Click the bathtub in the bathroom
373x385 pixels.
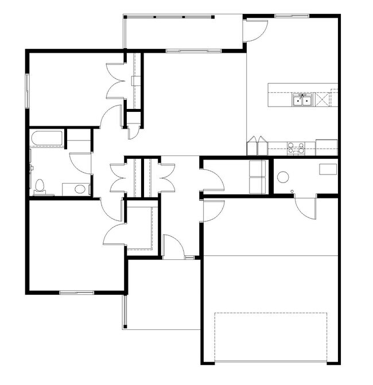(x=47, y=138)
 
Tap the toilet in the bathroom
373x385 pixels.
(x=40, y=186)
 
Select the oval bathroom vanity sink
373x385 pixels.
(x=80, y=188)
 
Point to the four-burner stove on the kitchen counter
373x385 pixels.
(x=296, y=149)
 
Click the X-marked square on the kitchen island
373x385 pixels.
(x=323, y=100)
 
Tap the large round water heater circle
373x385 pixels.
(x=283, y=177)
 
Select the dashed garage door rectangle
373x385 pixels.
(x=270, y=337)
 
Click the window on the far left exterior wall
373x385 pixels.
(x=27, y=90)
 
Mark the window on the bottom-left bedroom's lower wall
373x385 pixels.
(x=76, y=293)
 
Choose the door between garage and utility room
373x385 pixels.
(x=305, y=207)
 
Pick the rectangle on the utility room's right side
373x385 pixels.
(x=328, y=169)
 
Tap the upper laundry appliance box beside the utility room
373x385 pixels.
(x=257, y=169)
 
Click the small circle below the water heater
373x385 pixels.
(x=293, y=190)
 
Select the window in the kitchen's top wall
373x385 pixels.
(x=289, y=15)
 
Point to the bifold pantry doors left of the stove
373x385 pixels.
(x=257, y=146)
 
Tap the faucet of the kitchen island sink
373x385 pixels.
(x=302, y=95)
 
